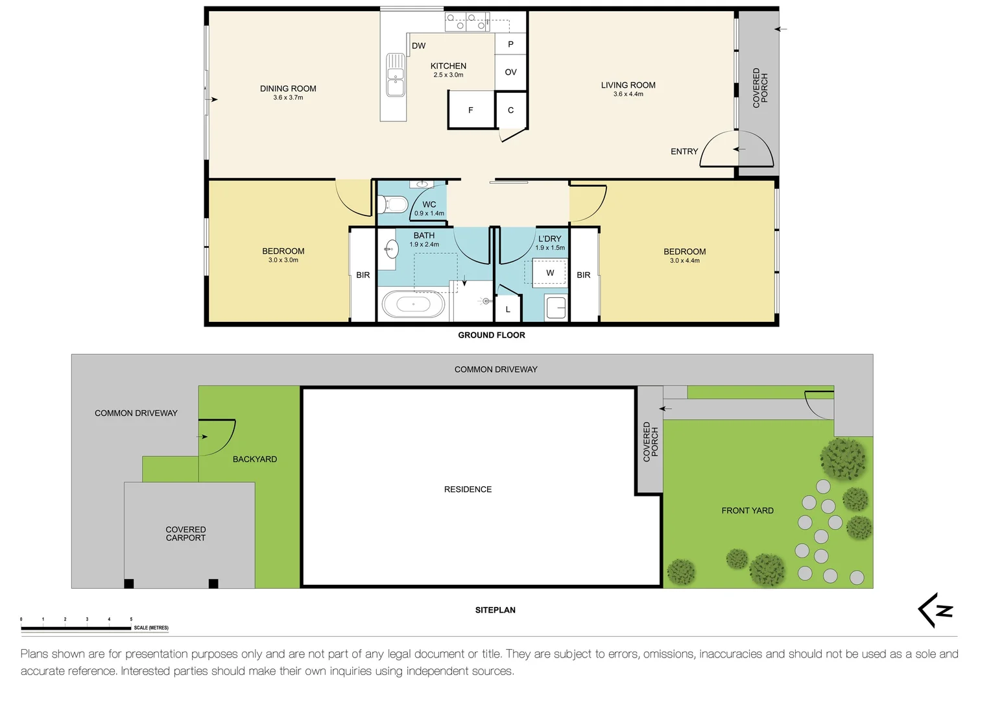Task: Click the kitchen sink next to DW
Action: click(x=396, y=75)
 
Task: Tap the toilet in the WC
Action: click(x=392, y=204)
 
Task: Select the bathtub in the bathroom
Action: click(x=414, y=304)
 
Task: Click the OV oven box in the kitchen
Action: click(x=511, y=72)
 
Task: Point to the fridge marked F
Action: click(x=471, y=110)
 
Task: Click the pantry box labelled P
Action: click(x=511, y=44)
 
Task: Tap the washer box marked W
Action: click(x=549, y=273)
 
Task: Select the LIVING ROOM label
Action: click(x=628, y=85)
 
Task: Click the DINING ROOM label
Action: click(x=288, y=89)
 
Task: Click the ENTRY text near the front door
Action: click(x=684, y=151)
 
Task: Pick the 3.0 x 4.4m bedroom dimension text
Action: click(x=684, y=261)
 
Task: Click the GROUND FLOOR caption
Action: click(x=492, y=335)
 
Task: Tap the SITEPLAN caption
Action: click(x=495, y=610)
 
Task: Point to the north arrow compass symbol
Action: click(x=936, y=610)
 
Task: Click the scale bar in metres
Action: click(x=76, y=628)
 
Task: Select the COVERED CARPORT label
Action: click(x=185, y=534)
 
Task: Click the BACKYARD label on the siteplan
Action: click(x=254, y=459)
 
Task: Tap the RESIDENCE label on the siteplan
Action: click(x=468, y=489)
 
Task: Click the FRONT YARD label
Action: click(x=747, y=511)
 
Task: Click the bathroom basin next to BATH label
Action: click(x=391, y=249)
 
